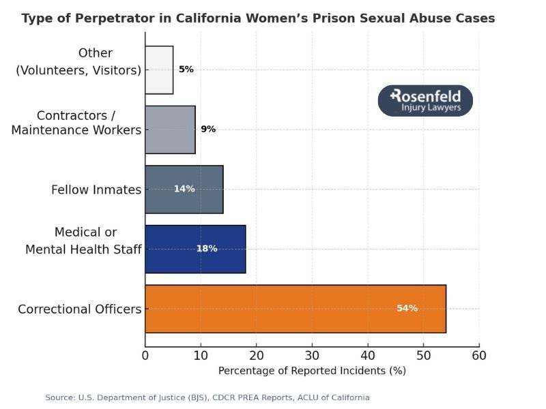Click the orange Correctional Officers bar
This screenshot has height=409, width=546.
pyautogui.click(x=295, y=309)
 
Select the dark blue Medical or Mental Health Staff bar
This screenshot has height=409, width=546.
pyautogui.click(x=195, y=249)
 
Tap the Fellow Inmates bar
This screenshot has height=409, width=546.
pyautogui.click(x=184, y=189)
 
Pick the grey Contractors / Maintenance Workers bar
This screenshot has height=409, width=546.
pyautogui.click(x=170, y=130)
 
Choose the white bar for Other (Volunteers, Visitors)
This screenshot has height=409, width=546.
pyautogui.click(x=159, y=70)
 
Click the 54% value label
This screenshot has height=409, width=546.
pyautogui.click(x=407, y=309)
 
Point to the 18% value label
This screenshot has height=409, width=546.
pyautogui.click(x=207, y=249)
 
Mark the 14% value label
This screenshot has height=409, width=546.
pyautogui.click(x=184, y=189)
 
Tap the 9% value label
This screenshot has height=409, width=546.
pyautogui.click(x=208, y=129)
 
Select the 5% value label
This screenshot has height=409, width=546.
pyautogui.click(x=186, y=70)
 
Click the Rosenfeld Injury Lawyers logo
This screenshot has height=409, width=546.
pyautogui.click(x=425, y=101)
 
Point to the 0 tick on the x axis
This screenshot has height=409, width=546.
pyautogui.click(x=145, y=355)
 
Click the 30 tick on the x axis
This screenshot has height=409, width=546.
pyautogui.click(x=312, y=355)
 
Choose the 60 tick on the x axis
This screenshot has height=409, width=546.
pyautogui.click(x=479, y=355)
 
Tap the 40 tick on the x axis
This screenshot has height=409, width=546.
pyautogui.click(x=368, y=355)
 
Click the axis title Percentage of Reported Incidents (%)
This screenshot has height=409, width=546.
pyautogui.click(x=312, y=372)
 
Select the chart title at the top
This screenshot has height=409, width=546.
pyautogui.click(x=258, y=18)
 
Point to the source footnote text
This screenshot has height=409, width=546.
pyautogui.click(x=207, y=397)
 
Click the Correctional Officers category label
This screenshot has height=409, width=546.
pyautogui.click(x=79, y=309)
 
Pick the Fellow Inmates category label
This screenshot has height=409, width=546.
pyautogui.click(x=96, y=190)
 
